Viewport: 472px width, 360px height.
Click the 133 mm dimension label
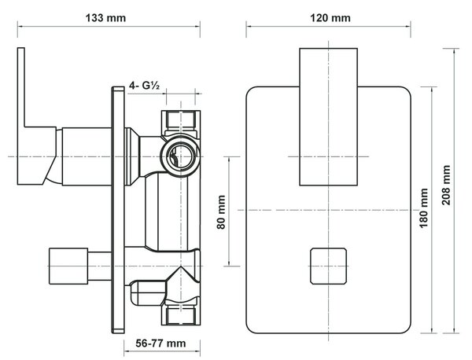coord(105,18)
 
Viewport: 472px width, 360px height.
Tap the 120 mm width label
coord(330,18)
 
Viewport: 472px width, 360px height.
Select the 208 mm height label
coord(446,186)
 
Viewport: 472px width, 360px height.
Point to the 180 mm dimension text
coord(424,208)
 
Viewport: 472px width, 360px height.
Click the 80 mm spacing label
coord(221,212)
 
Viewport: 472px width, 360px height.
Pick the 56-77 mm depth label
coord(160,343)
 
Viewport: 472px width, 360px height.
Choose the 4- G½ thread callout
coord(144,86)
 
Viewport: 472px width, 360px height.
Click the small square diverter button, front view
coord(328,266)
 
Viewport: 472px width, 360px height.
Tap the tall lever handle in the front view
coord(328,116)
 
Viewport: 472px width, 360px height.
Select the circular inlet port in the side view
coord(180,156)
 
